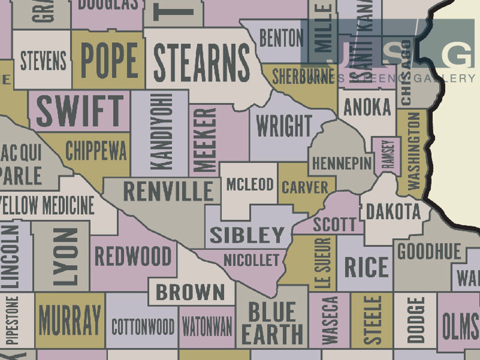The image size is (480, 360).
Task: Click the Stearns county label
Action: pyautogui.click(x=202, y=63)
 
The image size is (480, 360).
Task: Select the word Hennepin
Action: pyautogui.click(x=342, y=164)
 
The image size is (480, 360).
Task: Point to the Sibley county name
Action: pyautogui.click(x=247, y=235)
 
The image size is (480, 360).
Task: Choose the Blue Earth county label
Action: pyautogui.click(x=272, y=323)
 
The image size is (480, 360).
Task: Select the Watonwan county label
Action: pyautogui.click(x=207, y=326)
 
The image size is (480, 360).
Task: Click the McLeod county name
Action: pyautogui.click(x=250, y=184)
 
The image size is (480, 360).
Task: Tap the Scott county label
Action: pyautogui.click(x=334, y=224)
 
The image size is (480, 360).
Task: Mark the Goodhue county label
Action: pyautogui.click(x=429, y=251)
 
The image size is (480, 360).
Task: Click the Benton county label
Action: pyautogui.click(x=281, y=38)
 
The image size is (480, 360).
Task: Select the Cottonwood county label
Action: pyautogui.click(x=143, y=327)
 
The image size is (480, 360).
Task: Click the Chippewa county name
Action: pyautogui.click(x=96, y=151)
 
